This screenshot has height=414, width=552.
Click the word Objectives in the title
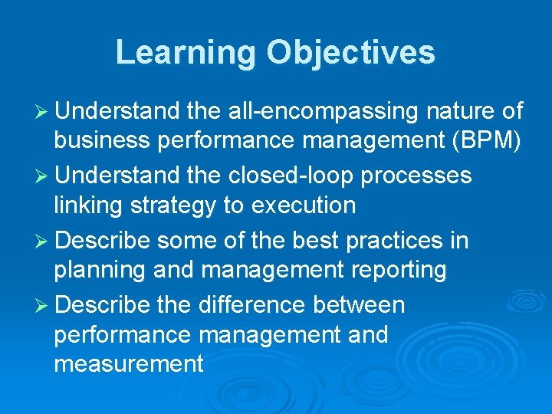pos(350,53)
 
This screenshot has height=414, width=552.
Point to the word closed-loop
pos(294,176)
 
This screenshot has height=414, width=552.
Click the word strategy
pos(168,205)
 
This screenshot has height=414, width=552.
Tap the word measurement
pos(128,363)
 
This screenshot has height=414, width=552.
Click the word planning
pos(99,270)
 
